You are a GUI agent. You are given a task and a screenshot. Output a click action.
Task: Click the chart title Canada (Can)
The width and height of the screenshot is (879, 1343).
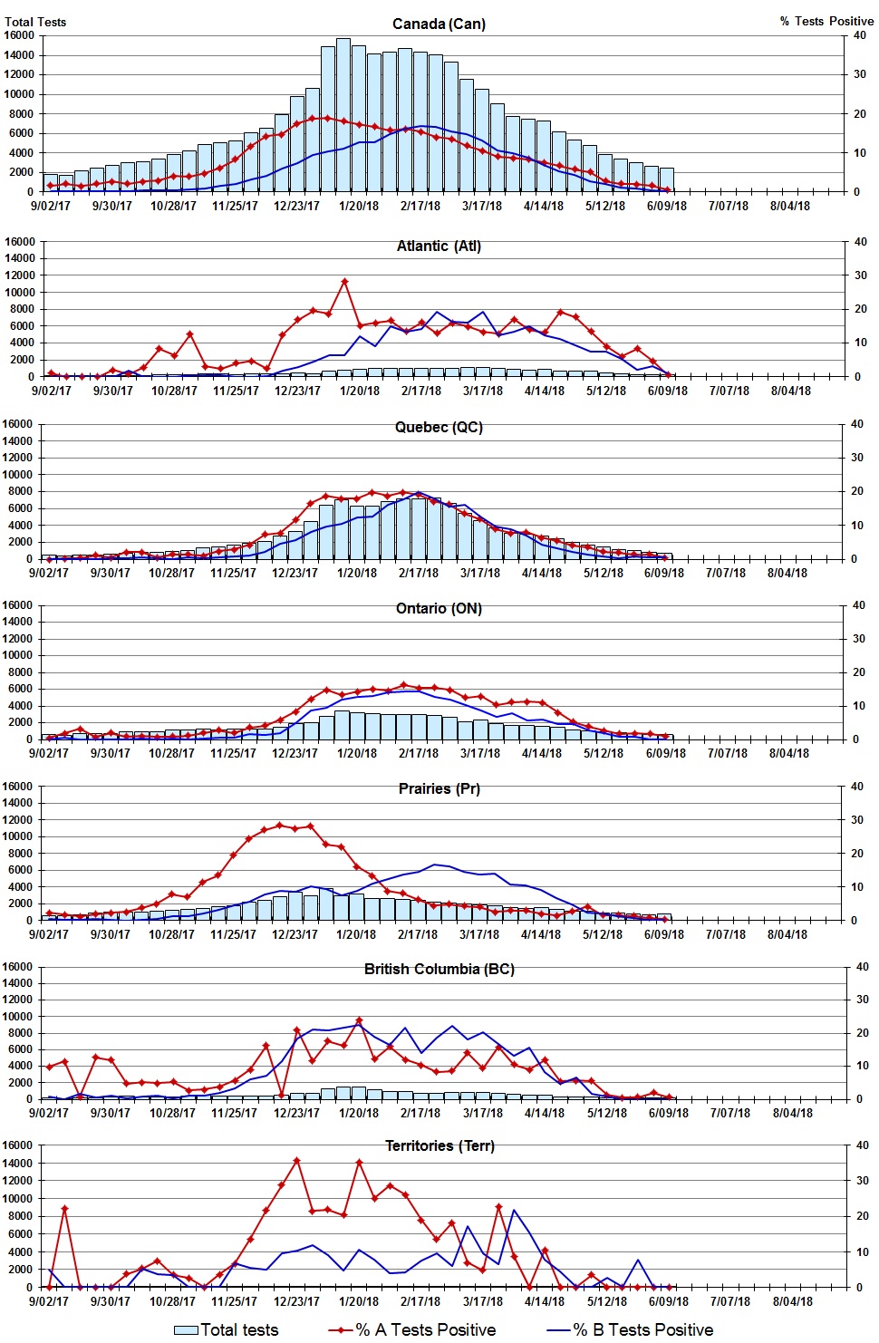click(439, 24)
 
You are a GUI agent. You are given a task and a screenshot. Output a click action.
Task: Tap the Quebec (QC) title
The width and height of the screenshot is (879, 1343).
click(439, 428)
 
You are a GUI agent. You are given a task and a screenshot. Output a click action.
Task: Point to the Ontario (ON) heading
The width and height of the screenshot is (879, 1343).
click(439, 608)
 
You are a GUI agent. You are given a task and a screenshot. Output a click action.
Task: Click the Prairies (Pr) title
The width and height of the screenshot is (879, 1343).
click(439, 788)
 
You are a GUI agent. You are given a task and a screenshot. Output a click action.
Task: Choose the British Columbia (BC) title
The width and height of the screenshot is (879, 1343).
click(439, 969)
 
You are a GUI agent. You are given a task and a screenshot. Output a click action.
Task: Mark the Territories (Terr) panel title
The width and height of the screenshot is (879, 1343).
click(439, 1145)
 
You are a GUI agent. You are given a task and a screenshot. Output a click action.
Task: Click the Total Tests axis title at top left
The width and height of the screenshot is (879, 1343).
click(35, 22)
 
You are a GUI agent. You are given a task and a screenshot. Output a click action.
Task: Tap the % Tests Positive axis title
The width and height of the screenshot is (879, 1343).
click(826, 21)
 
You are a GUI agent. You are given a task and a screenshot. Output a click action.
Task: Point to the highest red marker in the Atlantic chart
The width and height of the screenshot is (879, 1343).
click(344, 282)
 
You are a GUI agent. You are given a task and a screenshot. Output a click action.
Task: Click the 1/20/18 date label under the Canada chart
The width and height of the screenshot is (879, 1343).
click(359, 206)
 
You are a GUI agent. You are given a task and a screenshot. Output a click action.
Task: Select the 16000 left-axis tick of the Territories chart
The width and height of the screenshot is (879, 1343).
click(18, 1145)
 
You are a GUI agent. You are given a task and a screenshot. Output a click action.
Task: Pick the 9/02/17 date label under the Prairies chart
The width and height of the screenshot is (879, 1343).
click(49, 934)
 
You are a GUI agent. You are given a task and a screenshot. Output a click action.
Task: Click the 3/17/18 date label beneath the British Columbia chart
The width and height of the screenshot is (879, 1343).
click(482, 1113)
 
